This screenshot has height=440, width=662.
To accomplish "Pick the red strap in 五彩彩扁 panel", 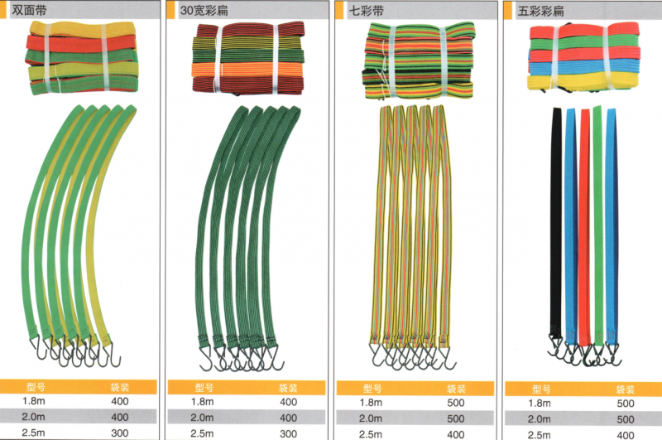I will (584, 224).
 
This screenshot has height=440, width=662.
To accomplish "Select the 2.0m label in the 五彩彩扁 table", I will (540, 419).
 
